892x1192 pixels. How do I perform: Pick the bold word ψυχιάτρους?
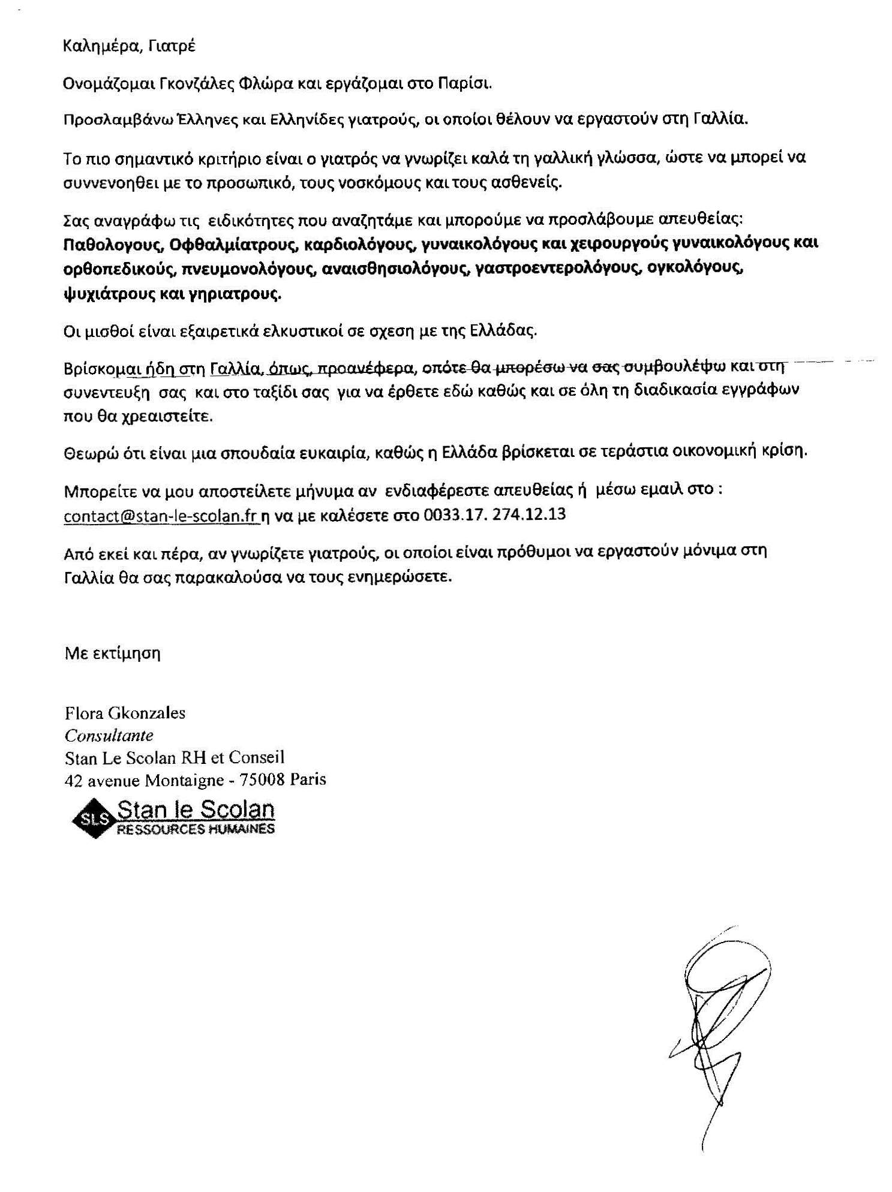(102, 294)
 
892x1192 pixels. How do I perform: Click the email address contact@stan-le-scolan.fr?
(161, 516)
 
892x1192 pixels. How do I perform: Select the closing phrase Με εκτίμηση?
(113, 653)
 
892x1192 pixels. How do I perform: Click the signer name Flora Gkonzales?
(125, 713)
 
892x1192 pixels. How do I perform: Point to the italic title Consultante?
(109, 735)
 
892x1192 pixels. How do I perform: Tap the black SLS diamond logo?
(93, 818)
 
